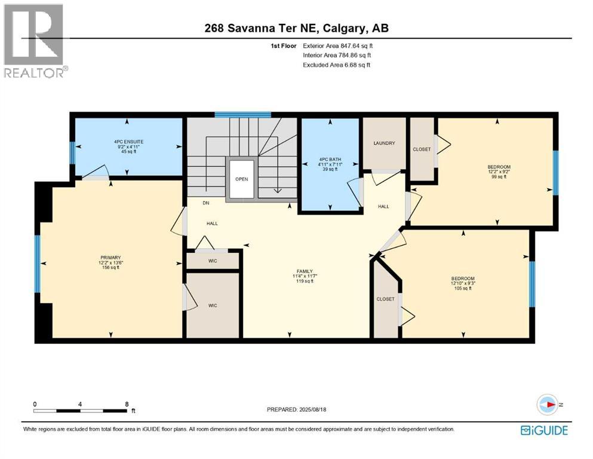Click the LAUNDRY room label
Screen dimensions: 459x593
pyautogui.click(x=385, y=143)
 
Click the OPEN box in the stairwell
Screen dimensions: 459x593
pyautogui.click(x=241, y=179)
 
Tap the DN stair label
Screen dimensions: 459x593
pyautogui.click(x=205, y=203)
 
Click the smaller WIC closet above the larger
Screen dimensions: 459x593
pyautogui.click(x=212, y=261)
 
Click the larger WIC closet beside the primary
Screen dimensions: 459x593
pyautogui.click(x=212, y=305)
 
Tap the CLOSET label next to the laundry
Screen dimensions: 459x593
pyautogui.click(x=421, y=149)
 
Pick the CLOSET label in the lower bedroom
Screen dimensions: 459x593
pyautogui.click(x=385, y=299)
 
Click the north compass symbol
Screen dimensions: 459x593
pyautogui.click(x=546, y=405)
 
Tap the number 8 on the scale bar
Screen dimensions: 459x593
pyautogui.click(x=127, y=404)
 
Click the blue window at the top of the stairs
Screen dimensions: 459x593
pyautogui.click(x=243, y=115)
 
